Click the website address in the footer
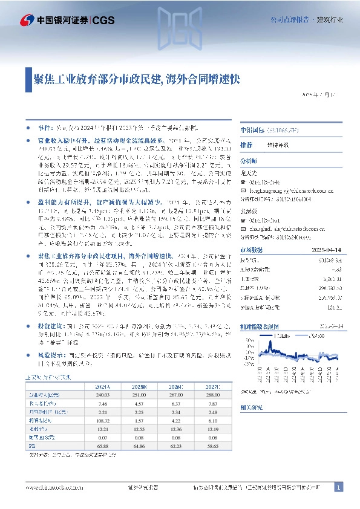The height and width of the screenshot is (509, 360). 51,487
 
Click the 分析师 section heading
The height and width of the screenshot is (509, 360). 249,161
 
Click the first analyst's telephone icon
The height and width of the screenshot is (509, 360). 243,181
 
